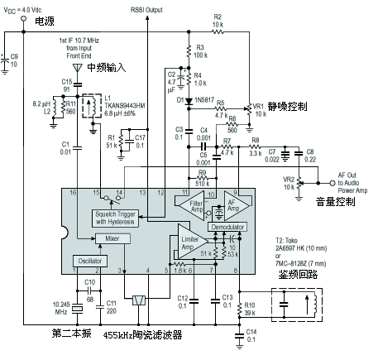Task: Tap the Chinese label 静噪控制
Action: click(293, 106)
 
